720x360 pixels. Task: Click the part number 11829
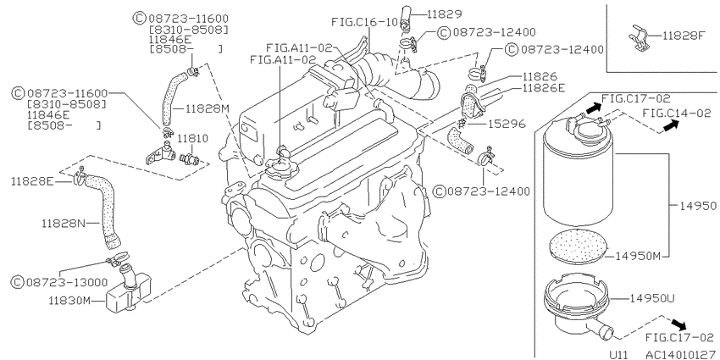[444, 14]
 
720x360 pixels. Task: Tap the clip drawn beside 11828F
[640, 36]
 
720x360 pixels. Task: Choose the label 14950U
[651, 298]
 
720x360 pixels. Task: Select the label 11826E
[544, 88]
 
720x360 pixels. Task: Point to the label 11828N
[63, 223]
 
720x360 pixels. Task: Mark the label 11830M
[70, 301]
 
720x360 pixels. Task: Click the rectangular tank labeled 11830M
[129, 293]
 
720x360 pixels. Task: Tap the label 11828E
[32, 182]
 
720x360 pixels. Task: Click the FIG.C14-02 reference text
[677, 113]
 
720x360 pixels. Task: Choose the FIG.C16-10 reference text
[364, 21]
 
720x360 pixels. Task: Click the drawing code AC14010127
[681, 354]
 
